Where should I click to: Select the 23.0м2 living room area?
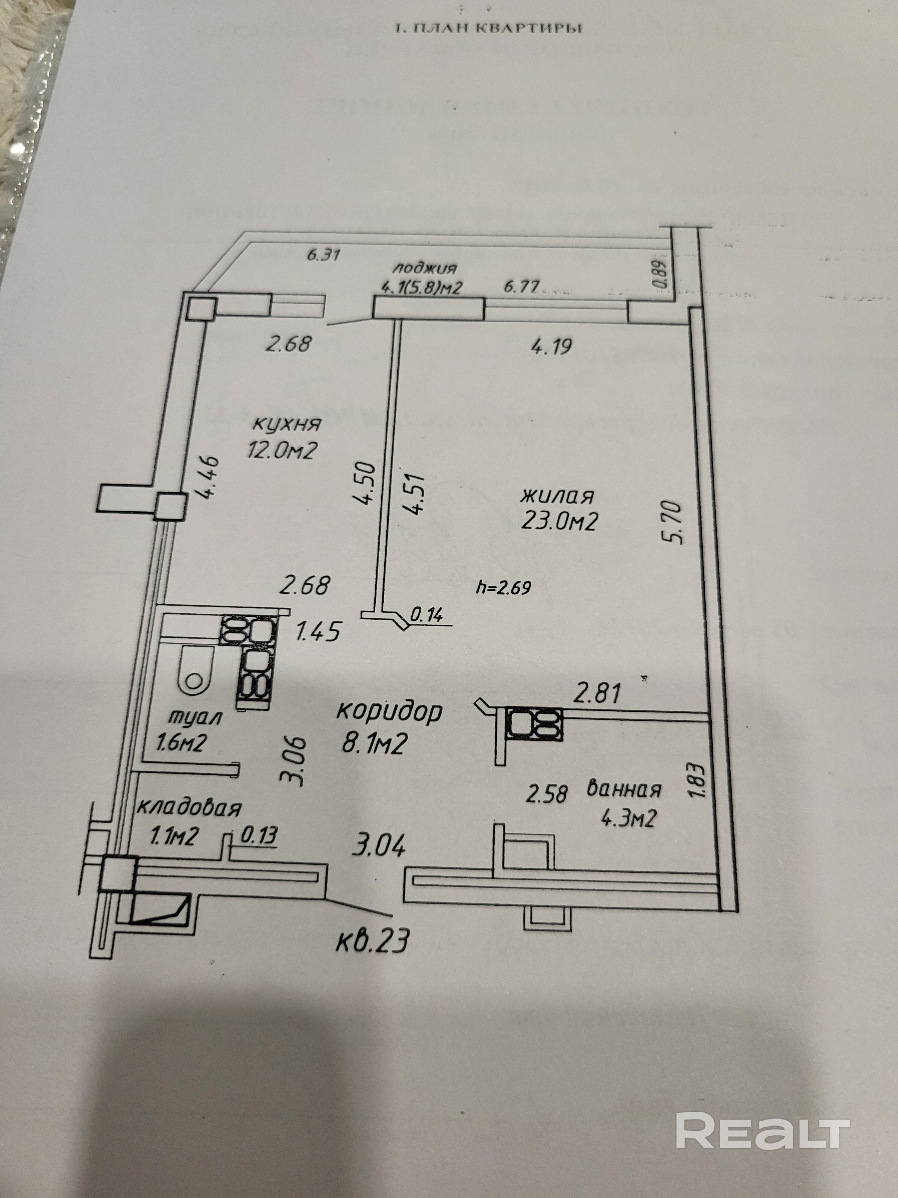559,521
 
